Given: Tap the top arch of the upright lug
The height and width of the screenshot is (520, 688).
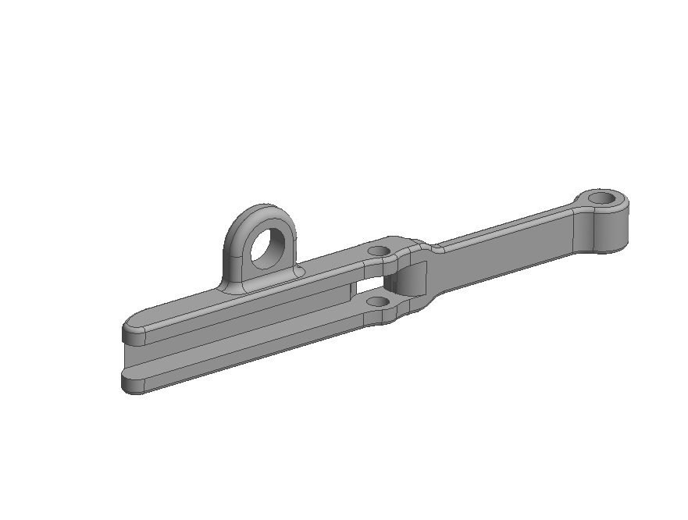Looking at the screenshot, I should (262, 211).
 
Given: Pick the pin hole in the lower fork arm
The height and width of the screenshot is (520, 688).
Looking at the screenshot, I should (377, 301).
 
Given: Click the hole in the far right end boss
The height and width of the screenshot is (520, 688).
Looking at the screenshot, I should (601, 198).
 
